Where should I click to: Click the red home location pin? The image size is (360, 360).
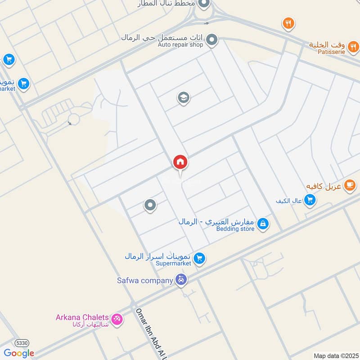click(180, 162)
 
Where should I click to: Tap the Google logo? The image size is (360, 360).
click(19, 353)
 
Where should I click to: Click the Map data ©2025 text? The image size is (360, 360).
click(335, 356)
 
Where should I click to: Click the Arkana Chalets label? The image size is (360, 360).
click(82, 317)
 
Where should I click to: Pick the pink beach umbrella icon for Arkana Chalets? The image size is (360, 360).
click(117, 319)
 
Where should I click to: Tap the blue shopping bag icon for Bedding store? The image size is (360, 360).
click(264, 223)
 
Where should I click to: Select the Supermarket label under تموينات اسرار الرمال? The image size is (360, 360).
click(174, 263)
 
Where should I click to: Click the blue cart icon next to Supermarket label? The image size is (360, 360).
click(200, 259)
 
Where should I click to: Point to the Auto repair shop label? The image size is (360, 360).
click(180, 45)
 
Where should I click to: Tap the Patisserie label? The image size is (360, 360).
click(333, 52)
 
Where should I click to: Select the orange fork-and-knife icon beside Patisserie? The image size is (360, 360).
click(353, 45)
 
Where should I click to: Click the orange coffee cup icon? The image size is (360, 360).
click(349, 185)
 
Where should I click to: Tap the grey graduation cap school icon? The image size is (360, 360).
click(183, 98)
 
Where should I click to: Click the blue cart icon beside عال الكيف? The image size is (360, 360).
click(310, 200)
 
